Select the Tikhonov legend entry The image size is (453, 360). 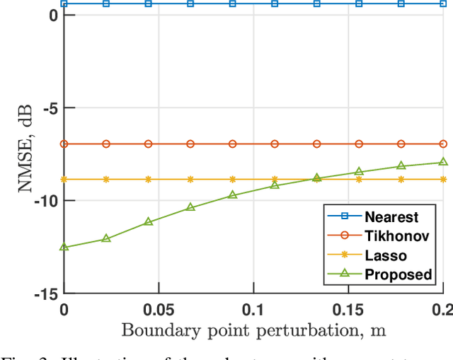[x=393, y=236]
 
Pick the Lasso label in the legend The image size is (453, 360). [x=386, y=255]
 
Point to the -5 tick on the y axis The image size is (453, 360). [x=50, y=108]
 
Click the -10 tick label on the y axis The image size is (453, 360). [x=45, y=201]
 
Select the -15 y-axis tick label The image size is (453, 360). [x=45, y=293]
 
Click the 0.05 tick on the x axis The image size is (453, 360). [x=158, y=309]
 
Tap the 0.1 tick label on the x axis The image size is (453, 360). [x=253, y=309]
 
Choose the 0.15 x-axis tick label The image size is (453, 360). [x=348, y=309]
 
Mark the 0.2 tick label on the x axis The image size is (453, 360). [x=442, y=309]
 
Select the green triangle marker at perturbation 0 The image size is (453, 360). [x=64, y=247]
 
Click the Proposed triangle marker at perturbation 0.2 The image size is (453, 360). [x=444, y=162]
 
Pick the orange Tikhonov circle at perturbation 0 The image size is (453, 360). [x=64, y=144]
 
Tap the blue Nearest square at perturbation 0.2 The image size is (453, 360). [x=444, y=4]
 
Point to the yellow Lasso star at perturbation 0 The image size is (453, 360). [x=64, y=180]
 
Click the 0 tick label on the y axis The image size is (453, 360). [x=53, y=16]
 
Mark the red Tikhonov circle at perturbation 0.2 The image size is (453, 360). [x=444, y=144]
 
